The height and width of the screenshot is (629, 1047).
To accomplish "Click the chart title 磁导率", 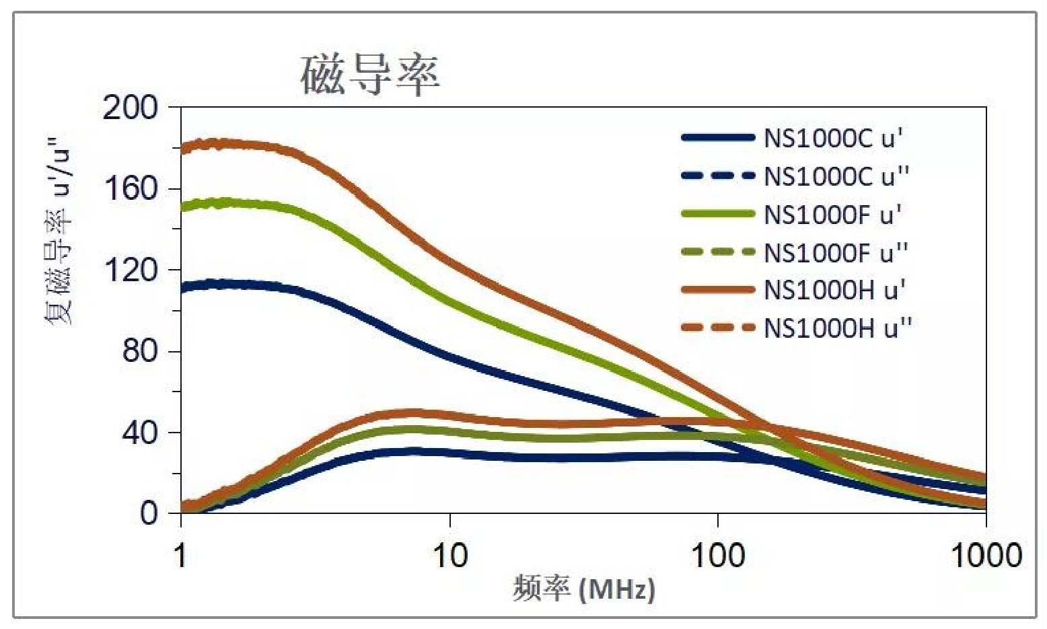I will [370, 75].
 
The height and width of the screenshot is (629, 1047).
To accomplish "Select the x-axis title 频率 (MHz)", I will [583, 589].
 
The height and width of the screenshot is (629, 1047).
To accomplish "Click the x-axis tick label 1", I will [180, 556].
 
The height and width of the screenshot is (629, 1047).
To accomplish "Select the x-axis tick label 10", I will [449, 556].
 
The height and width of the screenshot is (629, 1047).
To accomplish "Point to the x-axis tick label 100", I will [717, 556].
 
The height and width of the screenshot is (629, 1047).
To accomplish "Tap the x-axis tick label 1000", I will [986, 556].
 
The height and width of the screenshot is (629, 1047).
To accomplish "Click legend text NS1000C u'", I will [833, 139].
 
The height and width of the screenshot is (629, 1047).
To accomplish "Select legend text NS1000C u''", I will [836, 176].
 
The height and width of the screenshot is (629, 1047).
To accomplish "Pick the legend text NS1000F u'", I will [832, 215].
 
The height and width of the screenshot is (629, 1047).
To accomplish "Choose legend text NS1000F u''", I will [836, 253].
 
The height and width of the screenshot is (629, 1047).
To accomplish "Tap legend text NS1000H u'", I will [834, 290].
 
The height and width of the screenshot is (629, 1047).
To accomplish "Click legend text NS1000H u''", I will [838, 328].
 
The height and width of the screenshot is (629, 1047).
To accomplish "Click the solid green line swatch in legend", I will [718, 214].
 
